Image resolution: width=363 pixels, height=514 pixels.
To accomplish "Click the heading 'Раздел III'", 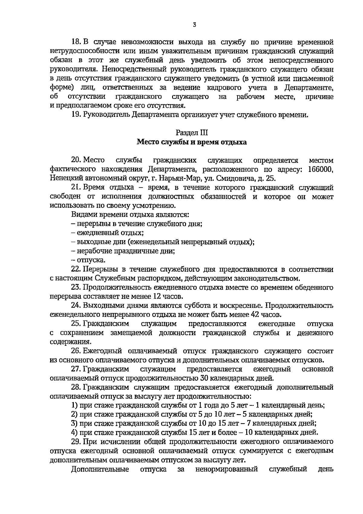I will (x=192, y=133).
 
